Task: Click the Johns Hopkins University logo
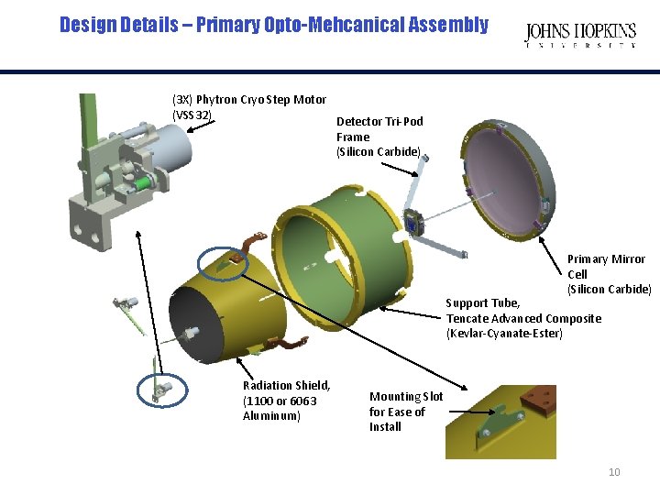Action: pyautogui.click(x=579, y=35)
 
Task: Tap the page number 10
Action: pyautogui.click(x=614, y=472)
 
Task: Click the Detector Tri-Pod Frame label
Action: pyautogui.click(x=379, y=137)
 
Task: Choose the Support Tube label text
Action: pyautogui.click(x=483, y=302)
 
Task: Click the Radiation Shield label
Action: pyautogui.click(x=286, y=401)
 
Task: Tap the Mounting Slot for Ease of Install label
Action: pyautogui.click(x=405, y=412)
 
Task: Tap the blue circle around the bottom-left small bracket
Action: pyautogui.click(x=161, y=390)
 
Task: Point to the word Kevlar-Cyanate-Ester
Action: pyautogui.click(x=504, y=333)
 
